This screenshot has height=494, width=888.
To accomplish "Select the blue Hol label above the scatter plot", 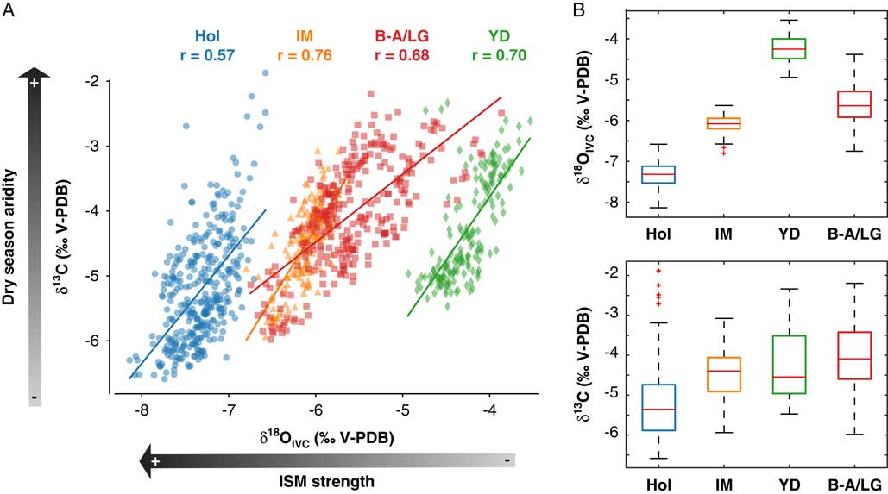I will pyautogui.click(x=208, y=37).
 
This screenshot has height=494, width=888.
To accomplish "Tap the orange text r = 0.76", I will pyautogui.click(x=306, y=57).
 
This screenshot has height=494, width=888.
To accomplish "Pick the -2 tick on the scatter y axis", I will pyautogui.click(x=99, y=81).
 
